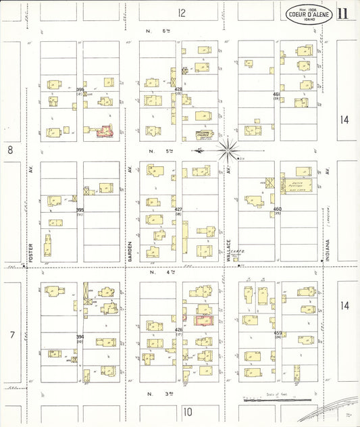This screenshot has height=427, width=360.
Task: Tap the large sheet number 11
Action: [x=344, y=14]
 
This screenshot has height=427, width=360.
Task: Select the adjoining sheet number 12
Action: [x=181, y=13]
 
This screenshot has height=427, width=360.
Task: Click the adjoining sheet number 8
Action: [x=10, y=150]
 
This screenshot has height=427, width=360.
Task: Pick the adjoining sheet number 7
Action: [x=10, y=334]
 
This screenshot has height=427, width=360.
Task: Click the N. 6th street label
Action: [x=155, y=32]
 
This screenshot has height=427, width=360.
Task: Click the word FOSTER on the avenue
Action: [x=30, y=238]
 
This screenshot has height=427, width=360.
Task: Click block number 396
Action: [x=80, y=90]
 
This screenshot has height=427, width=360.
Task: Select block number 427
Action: [x=178, y=210]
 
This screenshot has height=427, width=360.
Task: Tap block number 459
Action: [x=277, y=333]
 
